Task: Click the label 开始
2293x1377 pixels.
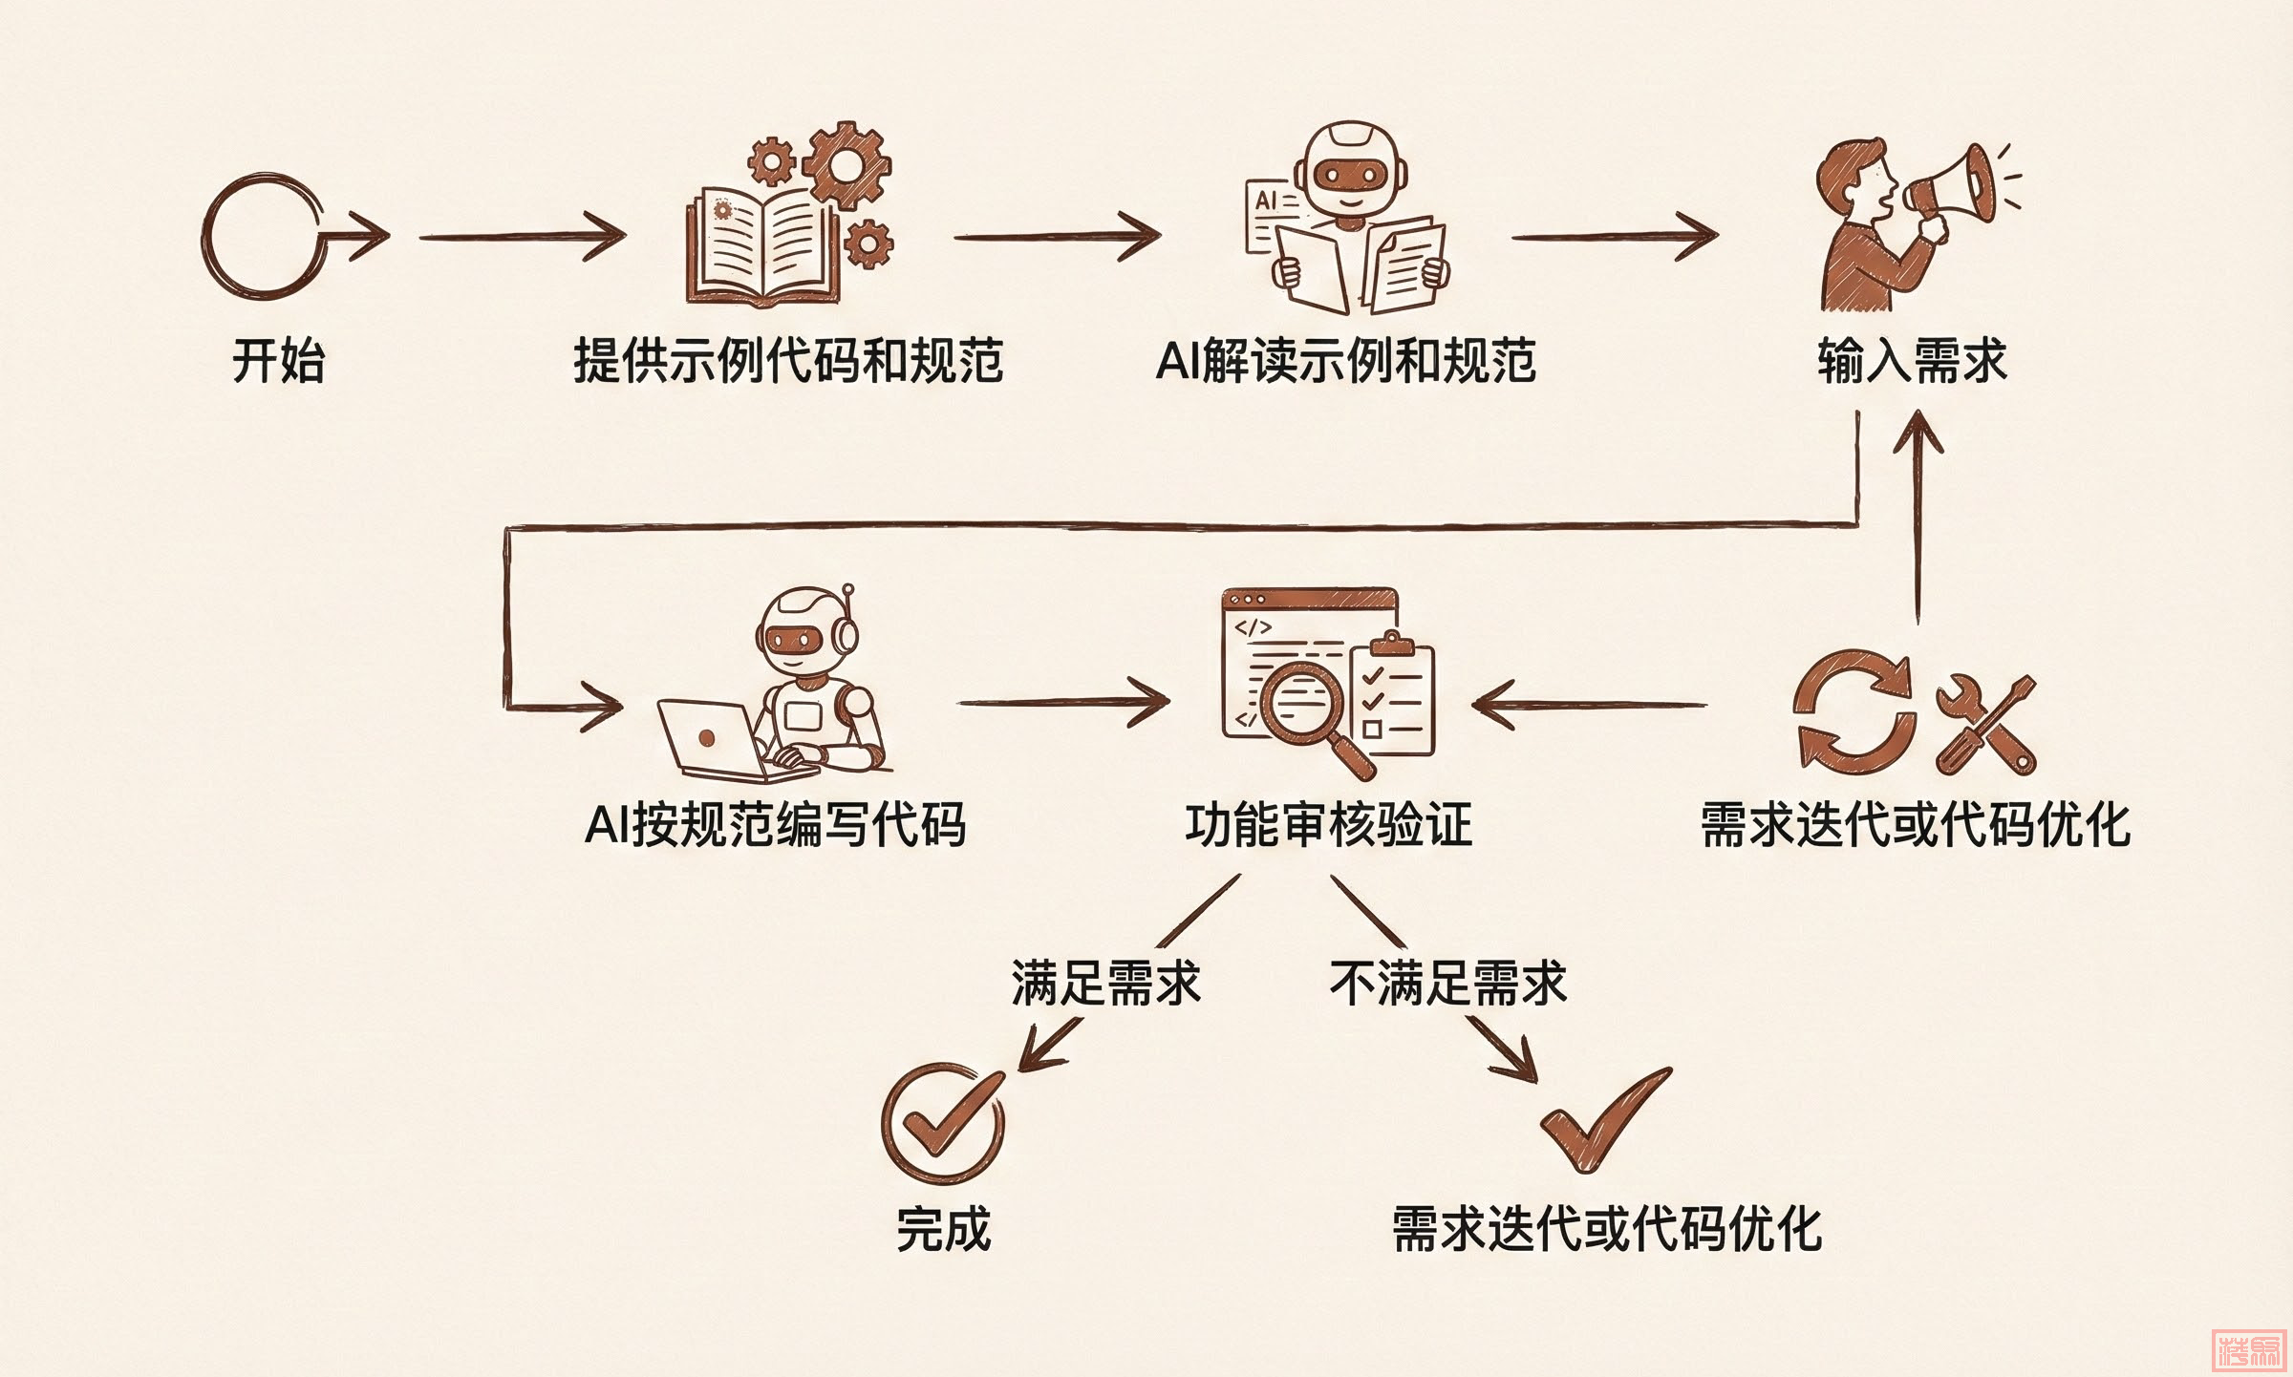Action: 279,361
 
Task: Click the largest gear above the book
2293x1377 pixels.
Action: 846,164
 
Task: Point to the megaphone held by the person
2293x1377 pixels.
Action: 1954,186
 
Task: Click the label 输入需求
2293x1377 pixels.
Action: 1912,361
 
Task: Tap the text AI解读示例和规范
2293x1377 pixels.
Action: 1345,361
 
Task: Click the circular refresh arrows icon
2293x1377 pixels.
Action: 1854,711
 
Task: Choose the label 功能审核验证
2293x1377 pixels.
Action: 1328,825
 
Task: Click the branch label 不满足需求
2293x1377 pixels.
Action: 1447,983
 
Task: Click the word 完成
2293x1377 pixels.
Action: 943,1229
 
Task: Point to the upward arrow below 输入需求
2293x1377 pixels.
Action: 1918,516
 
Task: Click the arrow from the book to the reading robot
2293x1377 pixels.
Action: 1056,237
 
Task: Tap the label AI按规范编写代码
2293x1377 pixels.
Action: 775,825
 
